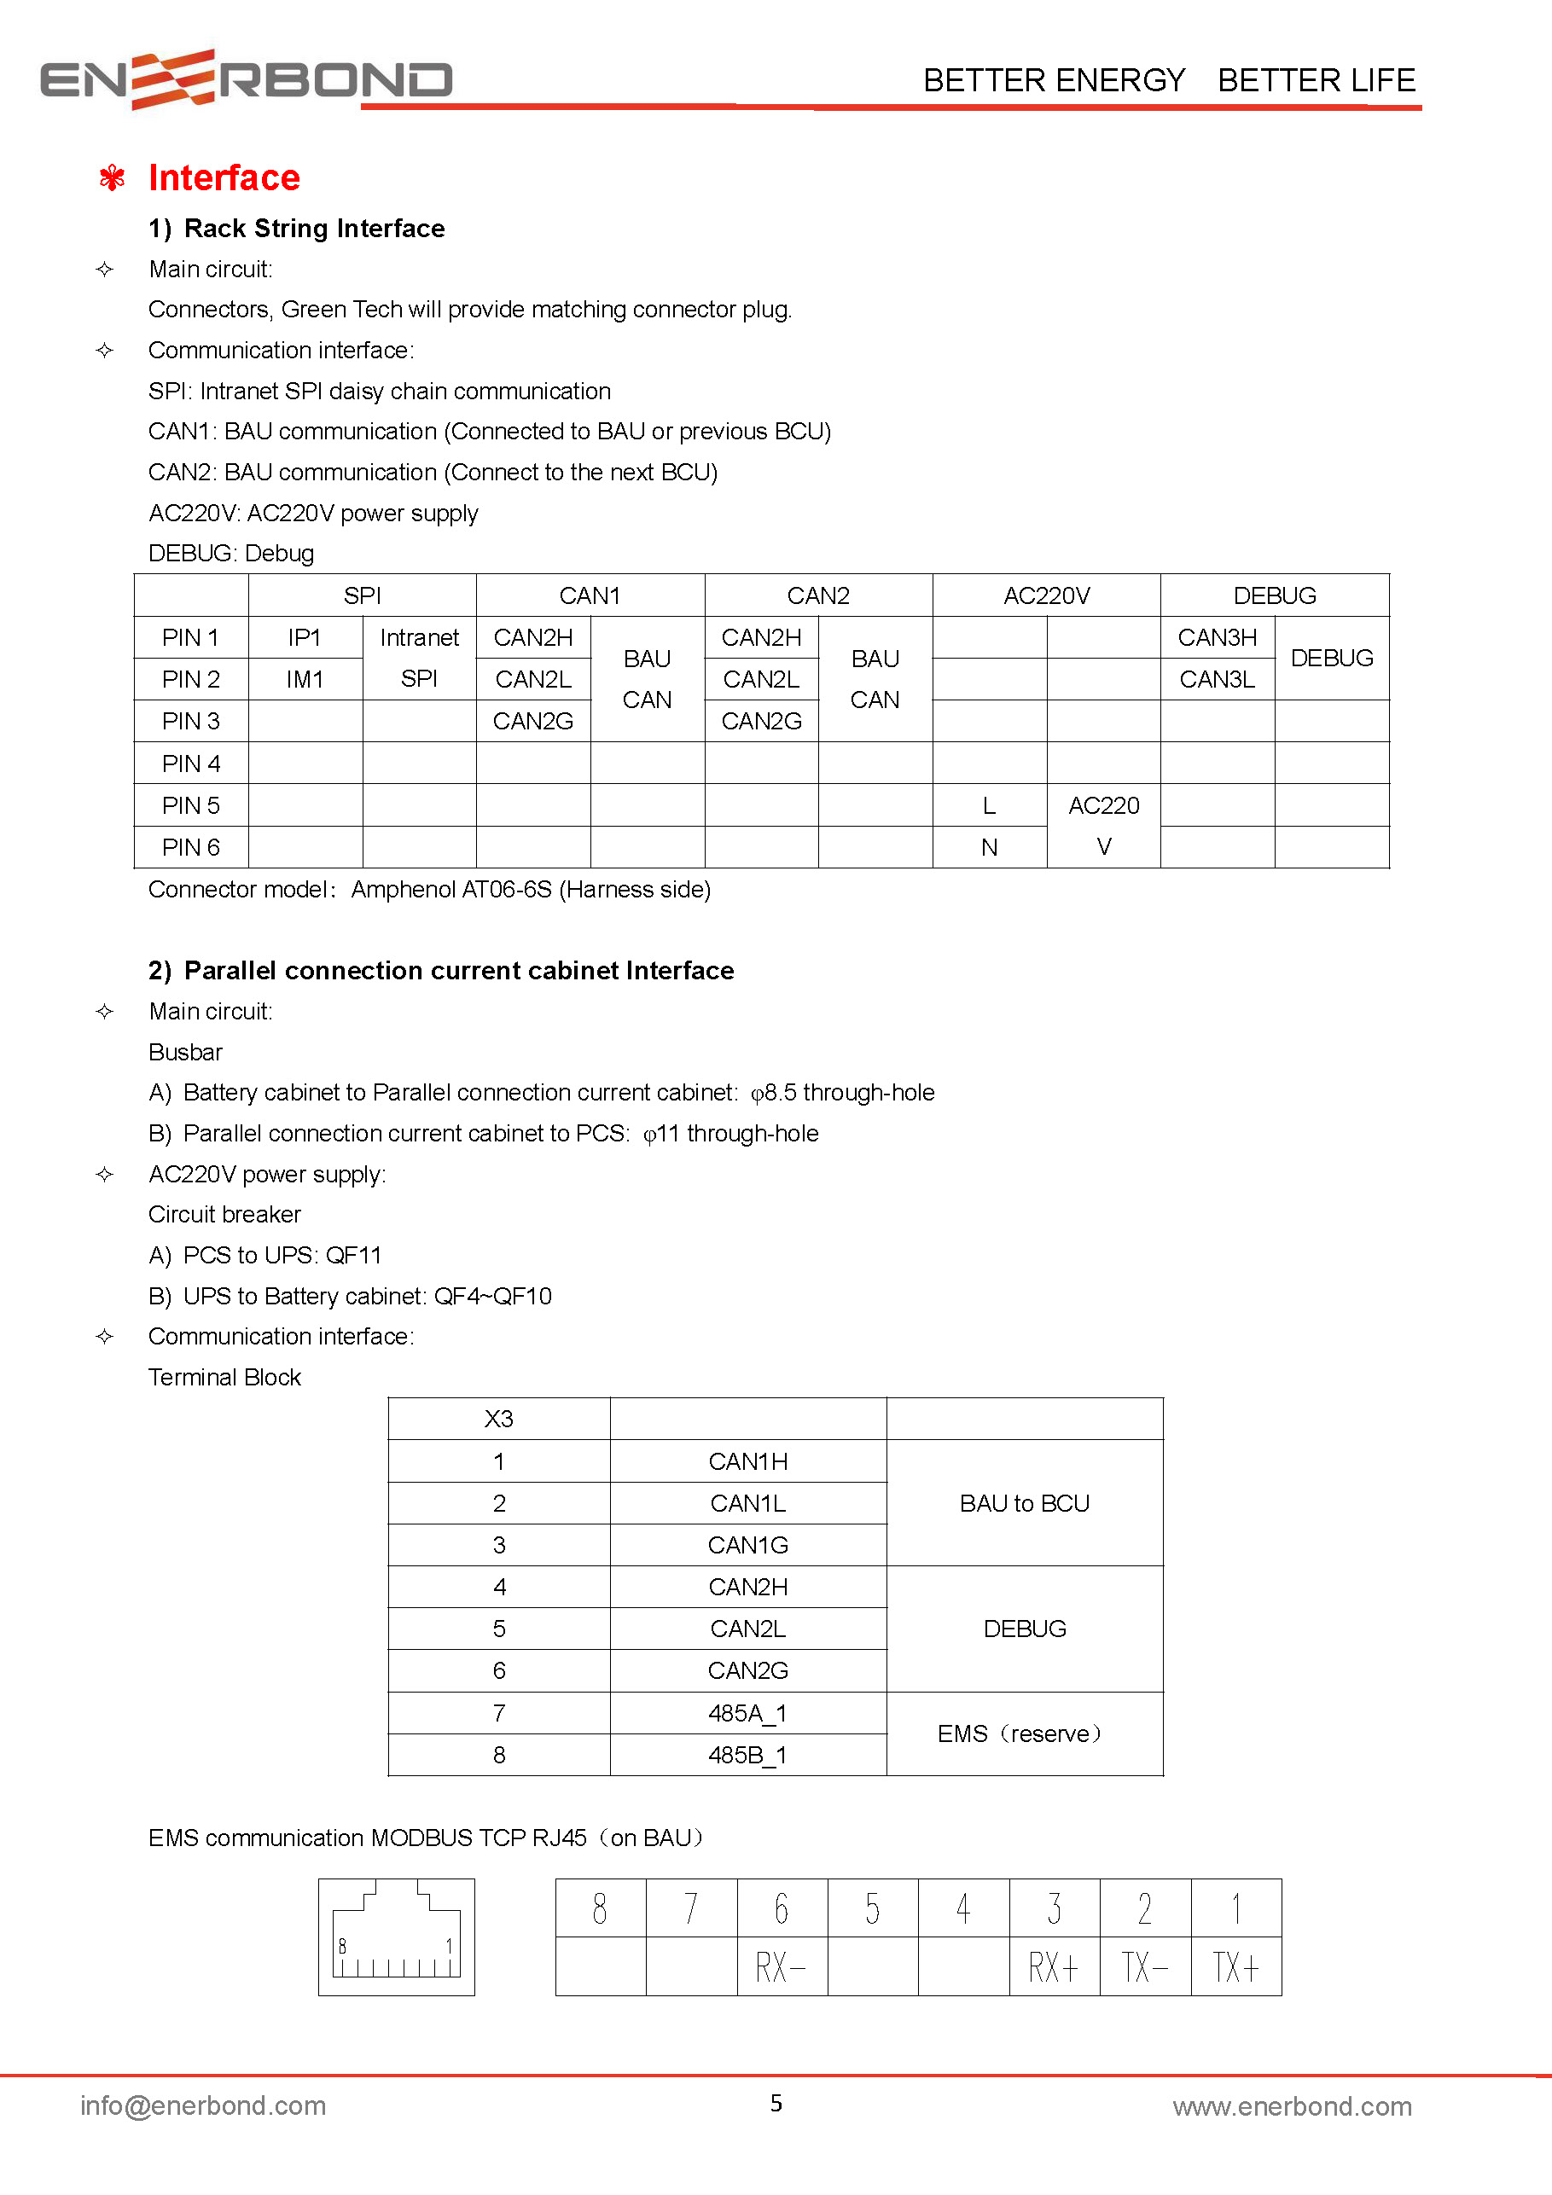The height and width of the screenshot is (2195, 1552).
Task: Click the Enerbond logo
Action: [246, 79]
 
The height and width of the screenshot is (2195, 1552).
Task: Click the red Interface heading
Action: [224, 177]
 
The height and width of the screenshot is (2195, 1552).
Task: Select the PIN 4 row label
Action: [190, 763]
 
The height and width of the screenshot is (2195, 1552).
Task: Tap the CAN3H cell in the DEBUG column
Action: [1217, 637]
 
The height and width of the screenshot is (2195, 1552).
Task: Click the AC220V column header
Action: [1046, 595]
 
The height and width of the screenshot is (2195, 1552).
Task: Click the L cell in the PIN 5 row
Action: [989, 806]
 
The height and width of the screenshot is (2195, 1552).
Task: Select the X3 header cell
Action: [498, 1419]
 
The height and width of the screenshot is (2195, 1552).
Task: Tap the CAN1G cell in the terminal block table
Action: [747, 1545]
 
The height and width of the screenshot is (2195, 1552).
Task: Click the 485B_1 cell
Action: [747, 1756]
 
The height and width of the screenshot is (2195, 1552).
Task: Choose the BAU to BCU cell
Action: [1024, 1504]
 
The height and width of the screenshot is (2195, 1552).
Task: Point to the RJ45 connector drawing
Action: [396, 1937]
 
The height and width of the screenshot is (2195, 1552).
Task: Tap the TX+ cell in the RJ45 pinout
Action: [1235, 1967]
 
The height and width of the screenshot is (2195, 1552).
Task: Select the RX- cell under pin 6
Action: [782, 1967]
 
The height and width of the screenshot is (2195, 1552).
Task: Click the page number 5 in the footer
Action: [776, 2103]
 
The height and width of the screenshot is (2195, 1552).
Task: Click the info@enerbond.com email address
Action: [203, 2106]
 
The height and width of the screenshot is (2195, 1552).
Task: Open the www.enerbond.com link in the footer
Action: [1292, 2107]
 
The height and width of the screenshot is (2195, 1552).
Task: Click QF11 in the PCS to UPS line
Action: [354, 1255]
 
